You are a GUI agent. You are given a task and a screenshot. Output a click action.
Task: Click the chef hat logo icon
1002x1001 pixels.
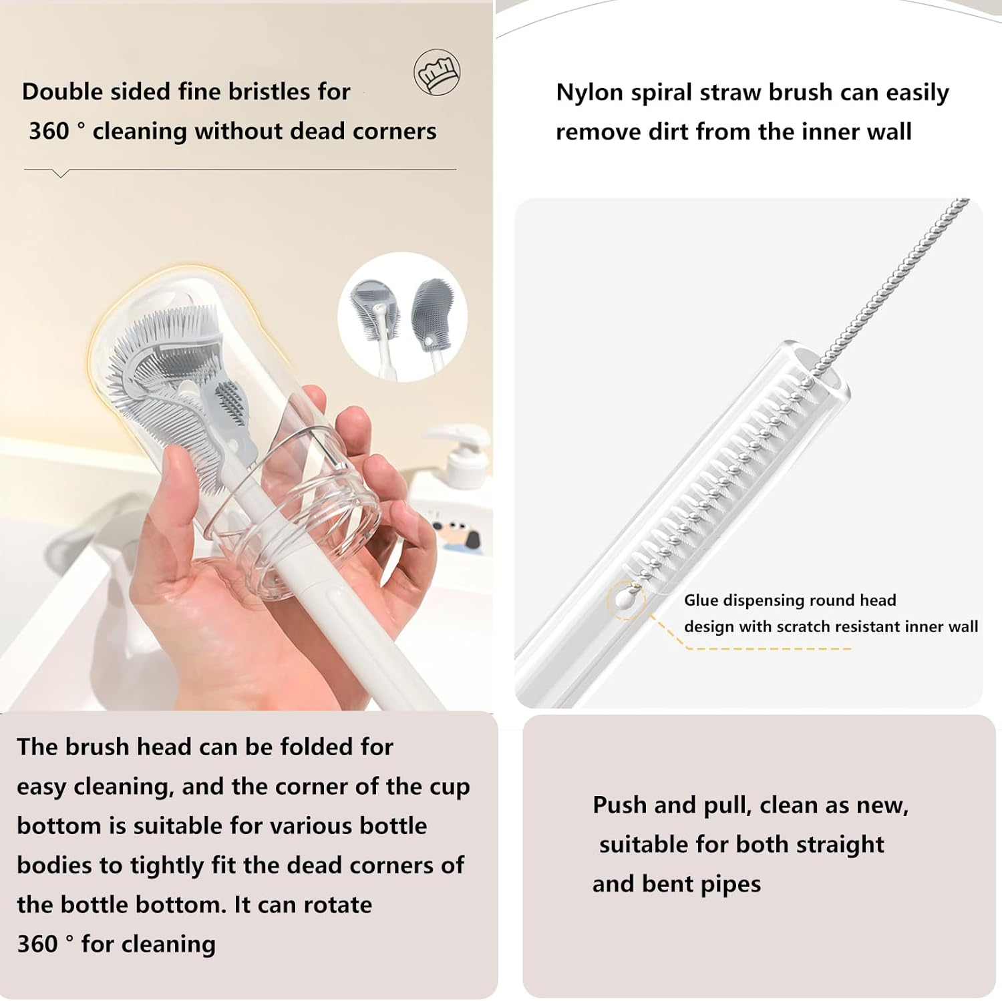(x=437, y=72)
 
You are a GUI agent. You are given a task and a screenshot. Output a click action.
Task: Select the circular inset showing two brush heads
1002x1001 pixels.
(x=402, y=317)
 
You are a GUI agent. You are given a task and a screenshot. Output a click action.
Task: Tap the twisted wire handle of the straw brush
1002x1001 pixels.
(x=895, y=280)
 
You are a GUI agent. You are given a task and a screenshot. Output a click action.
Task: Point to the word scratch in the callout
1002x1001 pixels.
(x=792, y=626)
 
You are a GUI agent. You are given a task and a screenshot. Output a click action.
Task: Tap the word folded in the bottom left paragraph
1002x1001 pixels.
(x=316, y=747)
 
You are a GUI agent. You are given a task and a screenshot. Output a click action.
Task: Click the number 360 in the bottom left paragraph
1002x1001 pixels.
(x=37, y=944)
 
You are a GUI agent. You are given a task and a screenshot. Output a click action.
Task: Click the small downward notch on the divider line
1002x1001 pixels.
(x=61, y=174)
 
